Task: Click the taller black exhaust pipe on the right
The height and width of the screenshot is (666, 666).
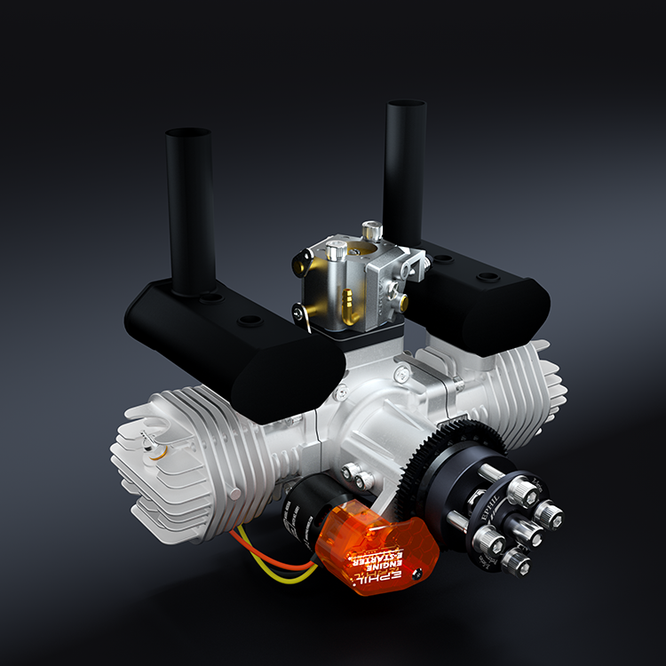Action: point(405,169)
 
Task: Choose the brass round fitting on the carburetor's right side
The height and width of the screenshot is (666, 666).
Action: point(404,303)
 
